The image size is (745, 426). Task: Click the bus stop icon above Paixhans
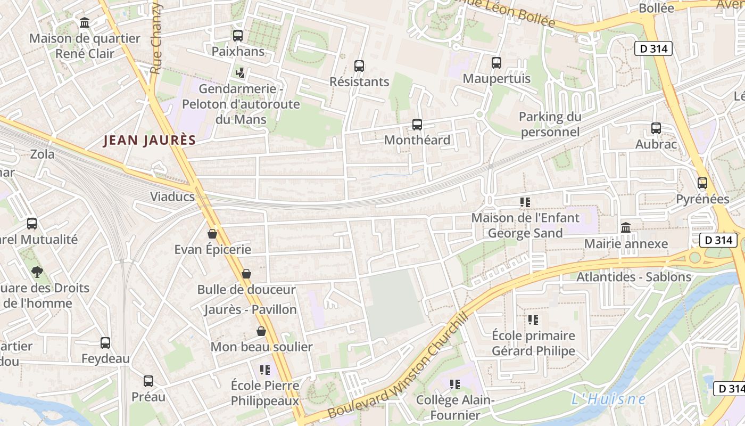point(238,36)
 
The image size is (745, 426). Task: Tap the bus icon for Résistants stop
point(359,66)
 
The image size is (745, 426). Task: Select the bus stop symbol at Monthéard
point(417,125)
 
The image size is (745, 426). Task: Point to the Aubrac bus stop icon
point(656,128)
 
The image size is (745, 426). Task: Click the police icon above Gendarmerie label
point(241,72)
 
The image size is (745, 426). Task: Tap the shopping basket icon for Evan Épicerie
point(212,234)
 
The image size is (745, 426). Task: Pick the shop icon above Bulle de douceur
point(246,274)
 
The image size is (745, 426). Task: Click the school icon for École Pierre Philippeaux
point(265,370)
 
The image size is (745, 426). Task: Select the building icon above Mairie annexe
point(626,228)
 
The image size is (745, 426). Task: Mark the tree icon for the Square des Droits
point(37,272)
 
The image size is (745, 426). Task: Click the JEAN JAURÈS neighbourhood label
point(150,141)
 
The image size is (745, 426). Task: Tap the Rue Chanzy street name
point(156,38)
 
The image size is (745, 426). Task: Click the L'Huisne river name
point(608,399)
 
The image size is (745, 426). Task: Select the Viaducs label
point(172,196)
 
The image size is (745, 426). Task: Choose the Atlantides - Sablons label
point(634,277)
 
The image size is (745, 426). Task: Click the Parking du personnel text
point(550,124)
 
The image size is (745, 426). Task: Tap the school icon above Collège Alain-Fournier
point(455,384)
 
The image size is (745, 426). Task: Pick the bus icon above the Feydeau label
point(105,343)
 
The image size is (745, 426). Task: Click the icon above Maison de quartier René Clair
point(85,23)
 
